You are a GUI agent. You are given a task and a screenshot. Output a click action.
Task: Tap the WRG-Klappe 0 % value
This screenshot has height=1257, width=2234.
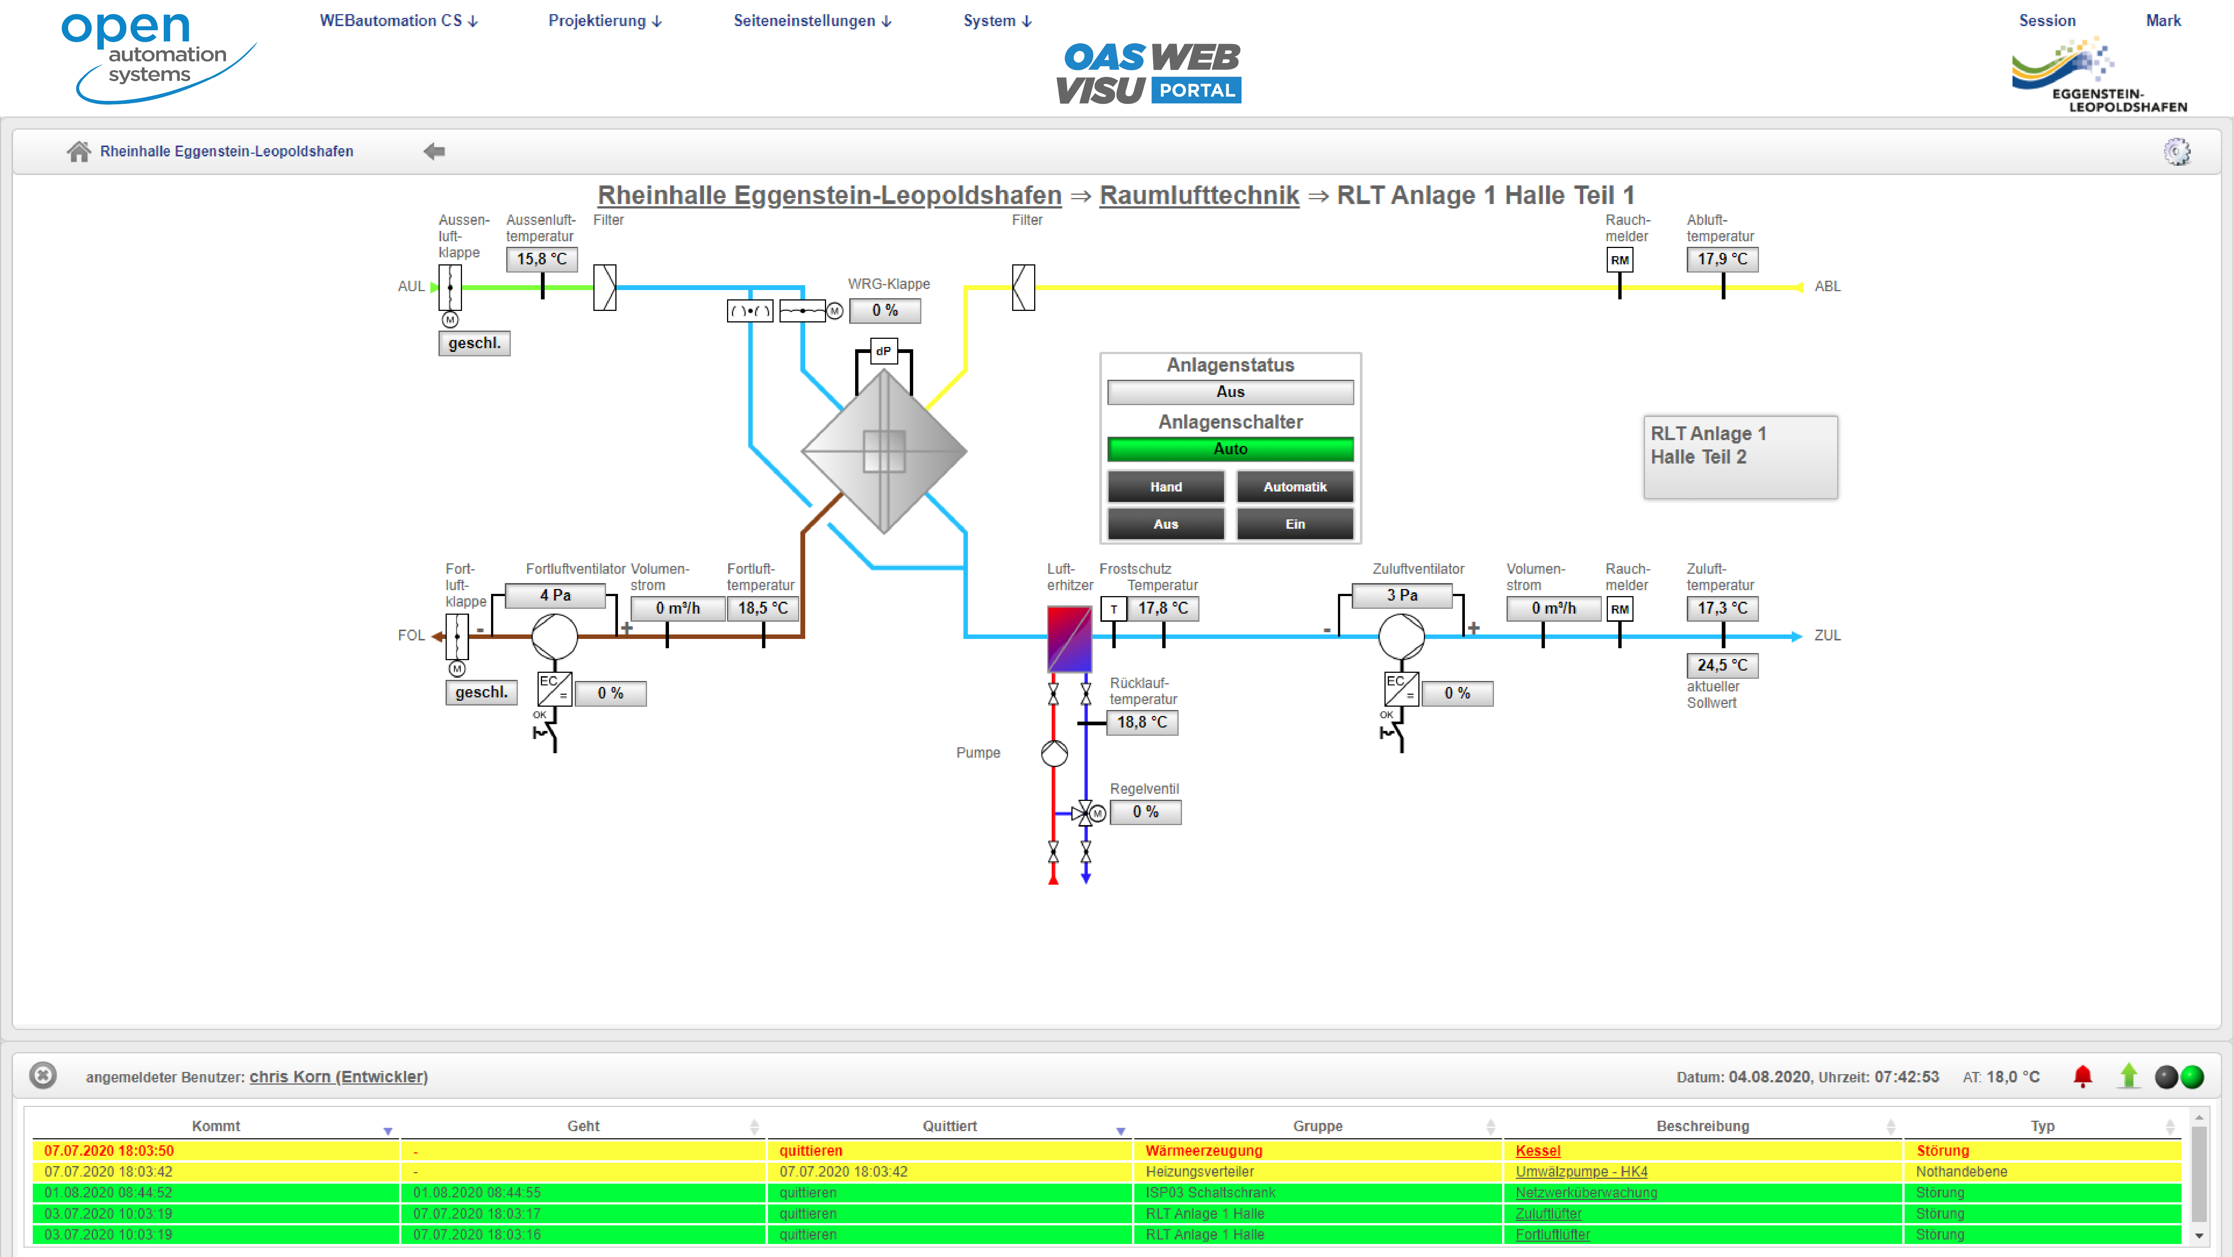(885, 311)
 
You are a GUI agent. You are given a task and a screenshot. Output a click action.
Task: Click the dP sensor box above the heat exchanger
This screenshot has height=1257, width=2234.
(883, 351)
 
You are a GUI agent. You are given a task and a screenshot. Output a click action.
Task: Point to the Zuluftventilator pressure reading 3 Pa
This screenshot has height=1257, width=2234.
(1402, 595)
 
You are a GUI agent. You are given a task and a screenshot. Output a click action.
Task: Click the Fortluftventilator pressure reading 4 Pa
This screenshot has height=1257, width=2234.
(555, 595)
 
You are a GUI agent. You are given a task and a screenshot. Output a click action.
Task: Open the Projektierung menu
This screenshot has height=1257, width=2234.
(605, 21)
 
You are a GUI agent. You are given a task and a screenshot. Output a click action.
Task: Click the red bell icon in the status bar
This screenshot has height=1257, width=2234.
(2082, 1076)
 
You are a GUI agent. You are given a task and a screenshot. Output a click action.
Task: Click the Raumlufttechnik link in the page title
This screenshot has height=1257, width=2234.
(1198, 195)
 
